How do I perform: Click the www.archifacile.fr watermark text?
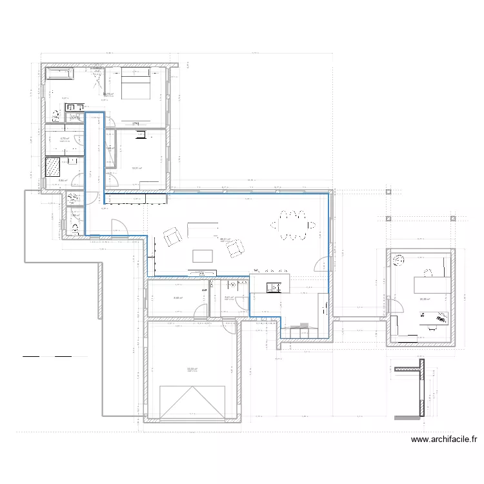point(444,440)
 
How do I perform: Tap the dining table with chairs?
point(294,225)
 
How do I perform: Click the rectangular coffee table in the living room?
point(203,256)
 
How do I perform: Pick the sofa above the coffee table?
point(203,229)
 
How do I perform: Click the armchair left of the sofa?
point(173,236)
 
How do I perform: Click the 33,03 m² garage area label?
point(192,368)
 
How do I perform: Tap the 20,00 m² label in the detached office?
point(425,299)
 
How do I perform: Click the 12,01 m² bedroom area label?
point(136,169)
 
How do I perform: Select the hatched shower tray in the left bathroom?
point(52,167)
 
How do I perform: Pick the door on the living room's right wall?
point(320,263)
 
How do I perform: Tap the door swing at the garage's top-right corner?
point(230,326)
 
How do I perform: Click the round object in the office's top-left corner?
point(397,260)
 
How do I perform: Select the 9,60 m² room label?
point(177,297)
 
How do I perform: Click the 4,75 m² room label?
point(65,138)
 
